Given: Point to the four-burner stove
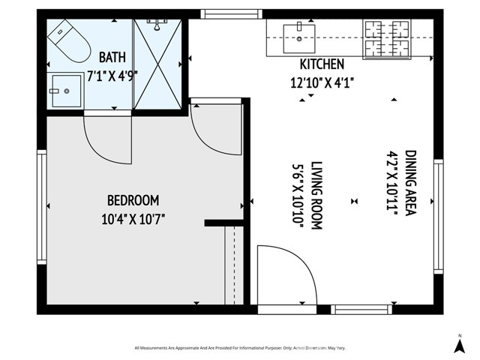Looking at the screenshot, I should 387,38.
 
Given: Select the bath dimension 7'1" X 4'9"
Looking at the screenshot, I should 112,75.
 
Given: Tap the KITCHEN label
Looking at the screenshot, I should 322,64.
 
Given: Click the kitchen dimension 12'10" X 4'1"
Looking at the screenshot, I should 322,82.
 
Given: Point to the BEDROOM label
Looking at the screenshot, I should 133,200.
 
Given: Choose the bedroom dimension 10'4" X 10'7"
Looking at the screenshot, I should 133,219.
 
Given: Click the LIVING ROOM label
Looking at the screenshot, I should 316,195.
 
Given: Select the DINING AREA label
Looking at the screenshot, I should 410,183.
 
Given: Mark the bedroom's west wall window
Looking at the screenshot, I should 42,206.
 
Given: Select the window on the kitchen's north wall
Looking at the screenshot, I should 231,13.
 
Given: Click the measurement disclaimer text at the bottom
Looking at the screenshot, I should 239,348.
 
